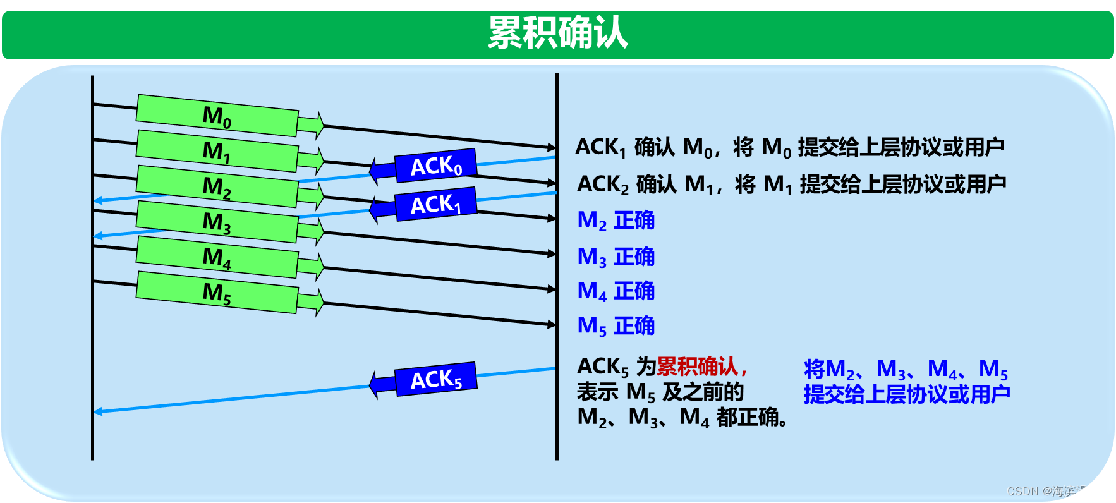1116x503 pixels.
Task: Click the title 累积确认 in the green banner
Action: coord(557,33)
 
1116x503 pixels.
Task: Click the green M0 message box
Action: coord(217,116)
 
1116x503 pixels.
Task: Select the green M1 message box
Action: coord(217,151)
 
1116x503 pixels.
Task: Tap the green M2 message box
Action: coord(217,186)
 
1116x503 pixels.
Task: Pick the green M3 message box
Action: coord(217,222)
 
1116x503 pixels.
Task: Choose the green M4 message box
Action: coord(217,257)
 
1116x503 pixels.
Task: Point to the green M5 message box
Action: coord(217,293)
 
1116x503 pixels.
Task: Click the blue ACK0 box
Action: coord(435,166)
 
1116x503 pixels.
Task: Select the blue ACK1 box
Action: coord(435,204)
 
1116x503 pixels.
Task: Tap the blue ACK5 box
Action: coord(435,379)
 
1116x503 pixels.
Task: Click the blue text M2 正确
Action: coord(616,221)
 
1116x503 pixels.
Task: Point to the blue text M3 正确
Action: coord(616,257)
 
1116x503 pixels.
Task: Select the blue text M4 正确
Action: coord(616,291)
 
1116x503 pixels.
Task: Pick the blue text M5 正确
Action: coord(616,326)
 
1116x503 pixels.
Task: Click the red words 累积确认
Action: coord(698,366)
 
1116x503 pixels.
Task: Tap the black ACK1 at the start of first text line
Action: coord(600,147)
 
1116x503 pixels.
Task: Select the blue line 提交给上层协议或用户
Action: coord(907,394)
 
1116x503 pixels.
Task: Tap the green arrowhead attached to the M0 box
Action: coord(312,125)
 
